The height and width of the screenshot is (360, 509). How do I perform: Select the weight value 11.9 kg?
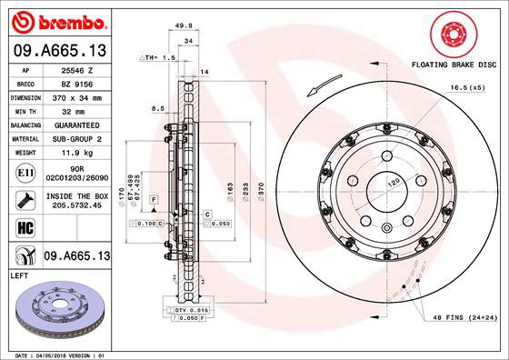(76, 154)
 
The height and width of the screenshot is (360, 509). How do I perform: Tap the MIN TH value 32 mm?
(76, 110)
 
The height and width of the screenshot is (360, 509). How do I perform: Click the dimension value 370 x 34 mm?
(76, 95)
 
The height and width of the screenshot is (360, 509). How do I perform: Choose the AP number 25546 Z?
(76, 67)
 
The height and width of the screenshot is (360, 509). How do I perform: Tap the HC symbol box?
(25, 227)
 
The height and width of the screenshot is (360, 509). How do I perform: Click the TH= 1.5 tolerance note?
(161, 57)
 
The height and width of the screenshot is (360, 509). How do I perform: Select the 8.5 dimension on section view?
(157, 108)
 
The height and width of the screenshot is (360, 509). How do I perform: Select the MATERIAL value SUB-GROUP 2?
(76, 139)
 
